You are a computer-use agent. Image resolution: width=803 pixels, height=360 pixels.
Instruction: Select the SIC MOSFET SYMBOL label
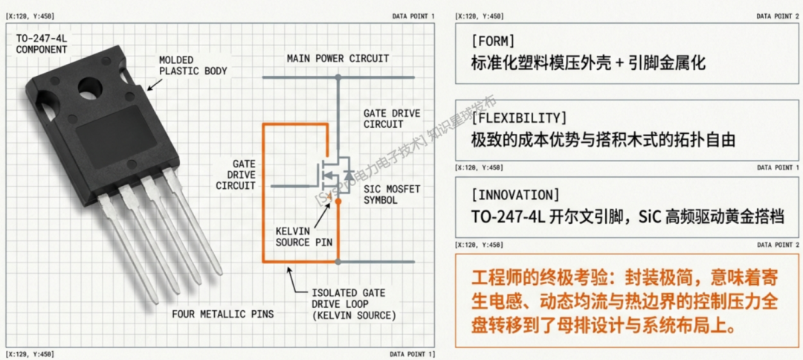pyautogui.click(x=392, y=195)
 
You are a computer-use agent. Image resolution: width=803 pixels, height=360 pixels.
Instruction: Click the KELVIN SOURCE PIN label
pyautogui.click(x=302, y=237)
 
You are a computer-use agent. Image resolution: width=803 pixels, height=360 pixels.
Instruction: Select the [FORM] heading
pyautogui.click(x=493, y=40)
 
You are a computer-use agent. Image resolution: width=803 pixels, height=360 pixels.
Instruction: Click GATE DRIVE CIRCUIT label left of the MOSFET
pyautogui.click(x=235, y=173)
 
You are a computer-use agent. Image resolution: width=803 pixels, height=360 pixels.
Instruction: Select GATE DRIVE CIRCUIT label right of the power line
pyautogui.click(x=391, y=118)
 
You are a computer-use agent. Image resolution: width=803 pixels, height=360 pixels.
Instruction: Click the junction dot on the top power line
pyautogui.click(x=338, y=76)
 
